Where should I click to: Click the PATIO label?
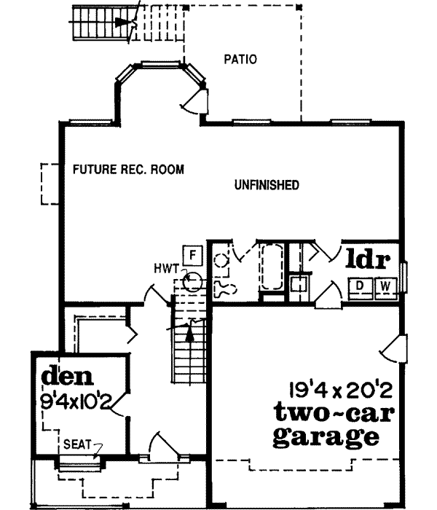pyautogui.click(x=240, y=59)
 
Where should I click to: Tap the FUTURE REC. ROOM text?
pyautogui.click(x=128, y=170)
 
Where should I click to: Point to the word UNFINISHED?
pyautogui.click(x=267, y=186)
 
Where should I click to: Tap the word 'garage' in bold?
pyautogui.click(x=326, y=438)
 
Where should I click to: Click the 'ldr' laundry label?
pyautogui.click(x=370, y=259)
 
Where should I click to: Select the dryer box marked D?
pyautogui.click(x=360, y=286)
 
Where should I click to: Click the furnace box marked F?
pyautogui.click(x=192, y=254)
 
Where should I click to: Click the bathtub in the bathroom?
pyautogui.click(x=271, y=268)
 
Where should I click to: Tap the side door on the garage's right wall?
pyautogui.click(x=393, y=348)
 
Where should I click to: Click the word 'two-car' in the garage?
pyautogui.click(x=334, y=413)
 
